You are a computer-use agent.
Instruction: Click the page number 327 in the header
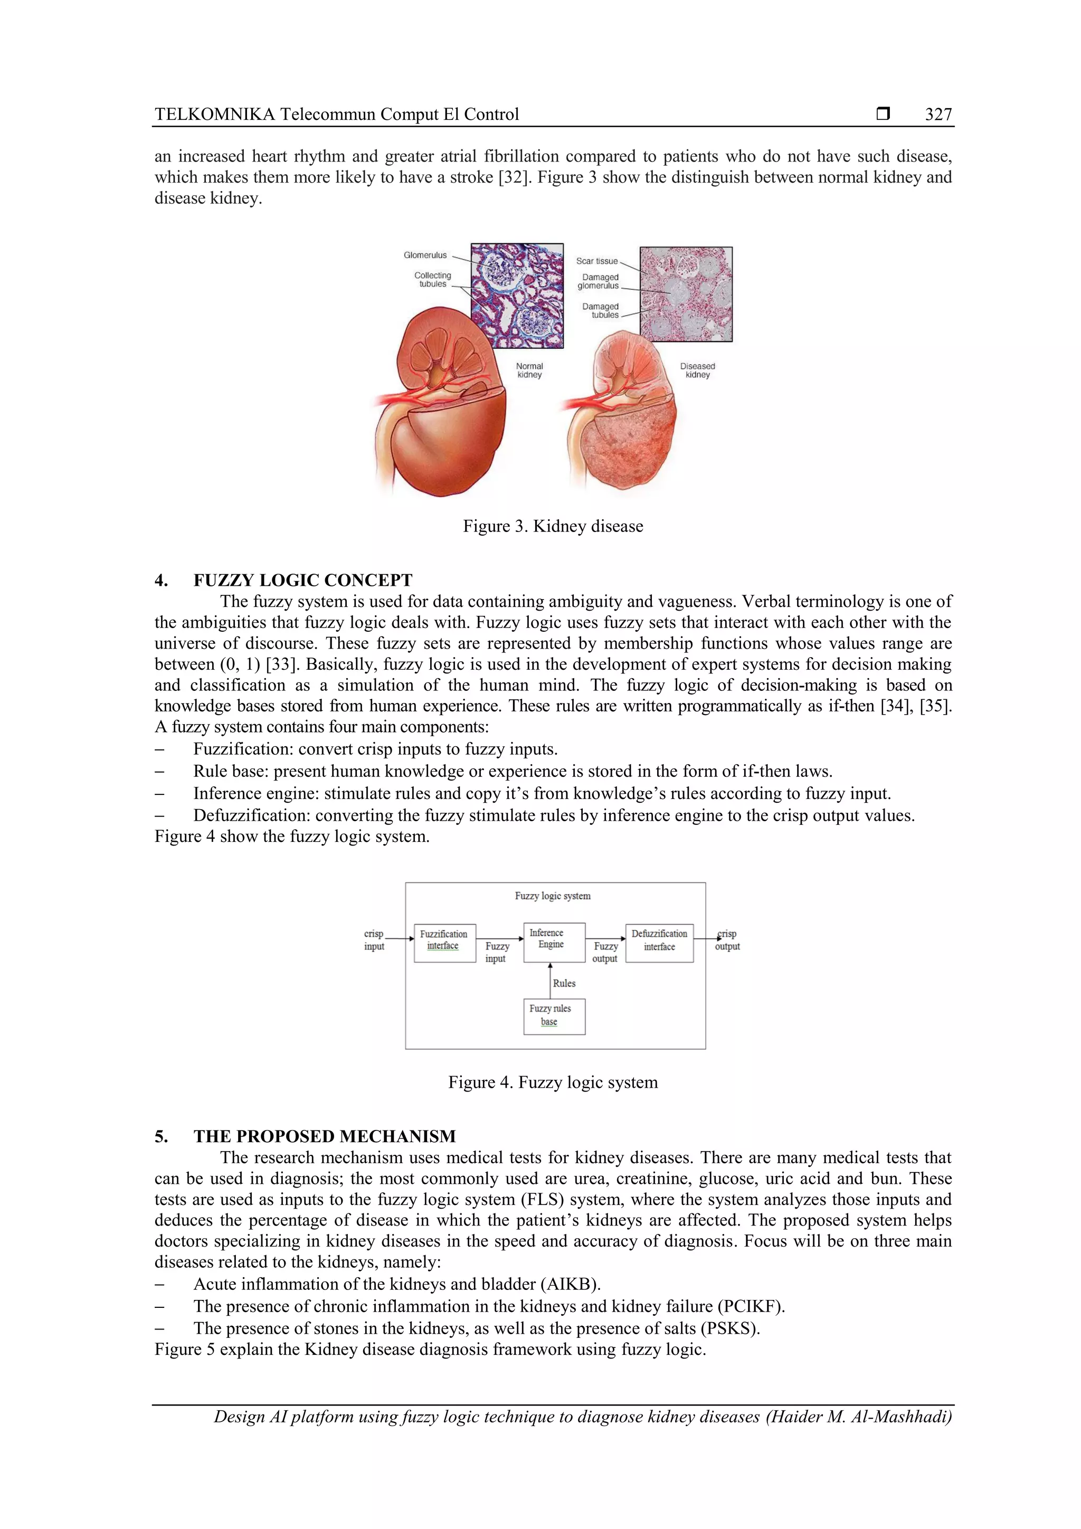point(938,115)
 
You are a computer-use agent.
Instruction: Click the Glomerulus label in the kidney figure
point(425,255)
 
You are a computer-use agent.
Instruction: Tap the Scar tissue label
point(597,261)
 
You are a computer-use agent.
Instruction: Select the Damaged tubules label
point(600,311)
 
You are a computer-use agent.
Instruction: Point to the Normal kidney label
point(529,371)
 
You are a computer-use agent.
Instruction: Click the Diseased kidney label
point(697,371)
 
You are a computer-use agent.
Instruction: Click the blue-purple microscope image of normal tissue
point(517,296)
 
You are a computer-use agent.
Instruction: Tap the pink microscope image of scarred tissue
point(686,295)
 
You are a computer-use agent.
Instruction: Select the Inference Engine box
point(554,942)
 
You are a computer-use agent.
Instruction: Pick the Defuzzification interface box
point(659,942)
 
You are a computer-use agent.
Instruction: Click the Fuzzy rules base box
point(554,1016)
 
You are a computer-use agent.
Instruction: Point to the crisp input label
point(374,939)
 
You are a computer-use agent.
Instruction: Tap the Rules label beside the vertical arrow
point(564,983)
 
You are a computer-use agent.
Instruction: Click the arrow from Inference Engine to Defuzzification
point(605,938)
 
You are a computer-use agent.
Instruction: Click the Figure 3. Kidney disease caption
point(553,526)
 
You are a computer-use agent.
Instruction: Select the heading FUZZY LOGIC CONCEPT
point(302,580)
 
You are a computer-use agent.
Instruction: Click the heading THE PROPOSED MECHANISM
point(325,1136)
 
